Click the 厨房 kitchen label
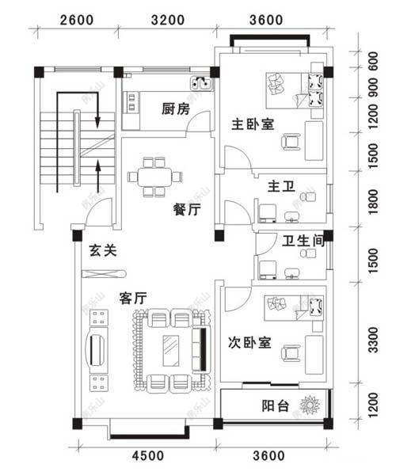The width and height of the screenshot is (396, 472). (x=175, y=109)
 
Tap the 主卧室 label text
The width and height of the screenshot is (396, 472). (x=253, y=124)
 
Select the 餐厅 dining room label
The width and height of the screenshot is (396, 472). (x=186, y=210)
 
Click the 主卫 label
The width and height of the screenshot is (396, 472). (x=280, y=187)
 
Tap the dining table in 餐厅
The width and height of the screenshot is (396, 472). (x=154, y=176)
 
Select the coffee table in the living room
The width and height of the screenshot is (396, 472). (x=171, y=348)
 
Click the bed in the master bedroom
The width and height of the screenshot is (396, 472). (x=295, y=89)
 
